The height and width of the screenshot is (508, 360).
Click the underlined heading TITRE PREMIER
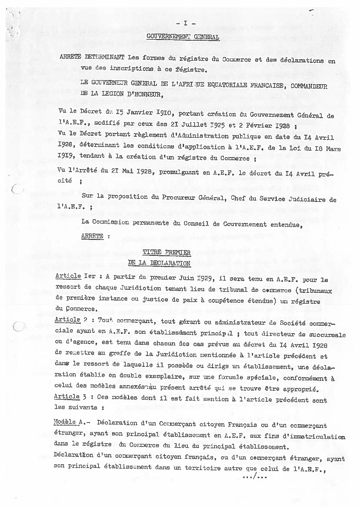167,252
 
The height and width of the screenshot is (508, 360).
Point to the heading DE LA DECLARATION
159,263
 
